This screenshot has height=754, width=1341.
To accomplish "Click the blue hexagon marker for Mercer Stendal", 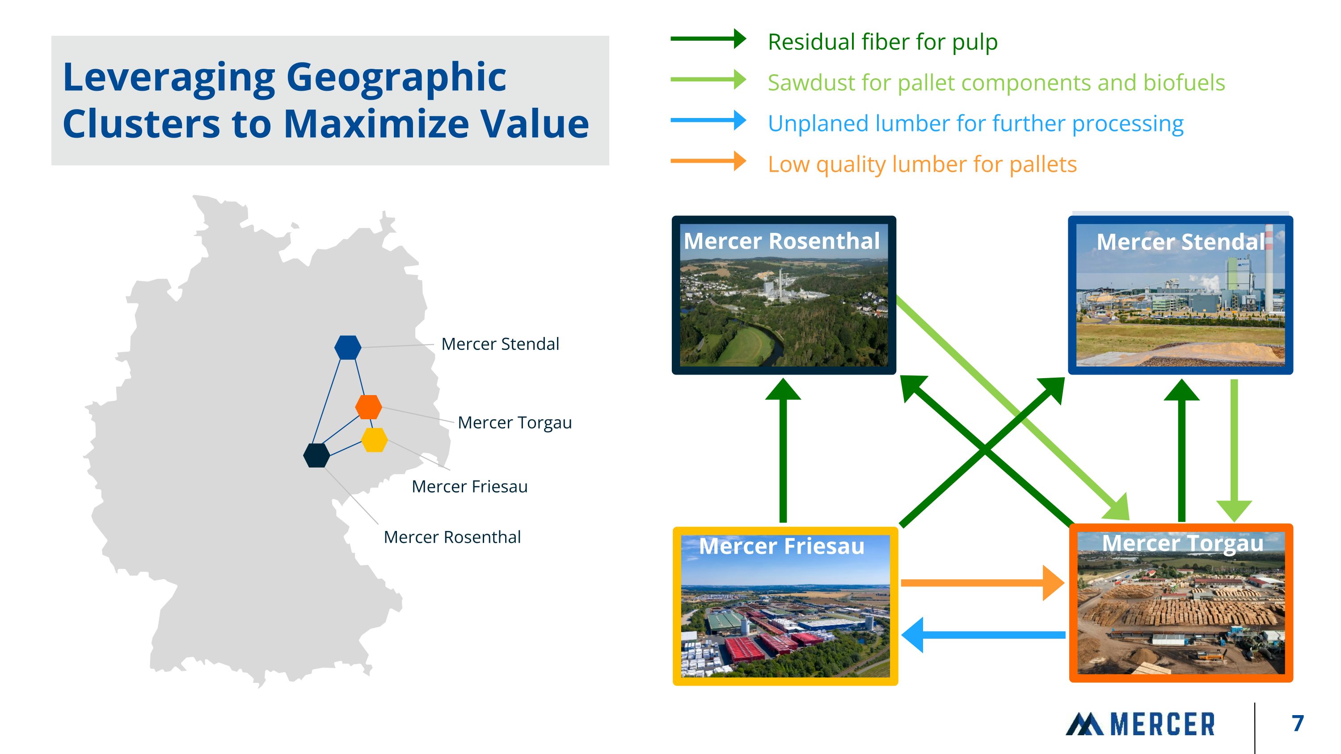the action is [x=348, y=347].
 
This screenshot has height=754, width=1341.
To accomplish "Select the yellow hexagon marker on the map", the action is [x=374, y=440].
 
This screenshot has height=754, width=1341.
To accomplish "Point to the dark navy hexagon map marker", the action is [x=316, y=455].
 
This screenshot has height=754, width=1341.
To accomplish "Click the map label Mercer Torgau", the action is [x=514, y=422].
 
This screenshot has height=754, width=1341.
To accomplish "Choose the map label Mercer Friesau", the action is [x=469, y=487].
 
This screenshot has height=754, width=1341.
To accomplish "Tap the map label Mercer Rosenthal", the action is [x=452, y=537].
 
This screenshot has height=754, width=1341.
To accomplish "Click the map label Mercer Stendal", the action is [x=500, y=344].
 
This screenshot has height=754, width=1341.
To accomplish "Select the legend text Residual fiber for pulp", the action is [x=882, y=42].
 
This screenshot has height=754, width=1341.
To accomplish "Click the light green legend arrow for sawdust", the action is [x=708, y=80].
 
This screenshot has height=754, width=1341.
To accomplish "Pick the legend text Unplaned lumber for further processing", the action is [x=975, y=124].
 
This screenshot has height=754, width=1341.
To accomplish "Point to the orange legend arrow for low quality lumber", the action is [x=708, y=161].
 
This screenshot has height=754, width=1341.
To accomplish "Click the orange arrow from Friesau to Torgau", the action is [x=983, y=583].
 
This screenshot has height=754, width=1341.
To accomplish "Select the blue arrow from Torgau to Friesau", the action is [x=983, y=635].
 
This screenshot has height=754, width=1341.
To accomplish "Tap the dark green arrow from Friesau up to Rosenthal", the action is [x=783, y=450].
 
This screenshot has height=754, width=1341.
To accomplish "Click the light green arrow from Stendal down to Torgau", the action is [x=1234, y=451].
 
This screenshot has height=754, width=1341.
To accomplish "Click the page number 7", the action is [x=1297, y=723].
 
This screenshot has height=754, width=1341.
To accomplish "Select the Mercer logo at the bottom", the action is [x=1140, y=724].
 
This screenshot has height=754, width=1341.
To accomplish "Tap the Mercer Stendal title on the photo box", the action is [x=1180, y=242].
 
